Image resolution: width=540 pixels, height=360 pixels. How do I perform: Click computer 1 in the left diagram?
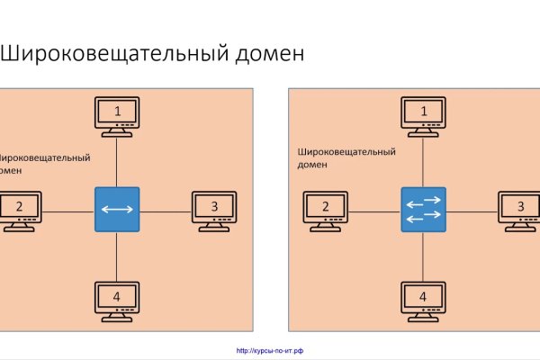click(117, 116)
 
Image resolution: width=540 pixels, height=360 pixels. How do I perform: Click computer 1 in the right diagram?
click(424, 116)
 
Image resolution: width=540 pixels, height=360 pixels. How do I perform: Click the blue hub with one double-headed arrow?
click(117, 211)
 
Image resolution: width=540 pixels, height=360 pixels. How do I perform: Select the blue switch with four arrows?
click(424, 211)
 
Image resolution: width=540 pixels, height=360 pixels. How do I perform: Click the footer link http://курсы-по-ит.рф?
click(270, 351)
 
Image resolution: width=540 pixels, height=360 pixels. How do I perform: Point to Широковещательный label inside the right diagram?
click(346, 152)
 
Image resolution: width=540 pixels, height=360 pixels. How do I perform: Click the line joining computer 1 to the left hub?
click(117, 162)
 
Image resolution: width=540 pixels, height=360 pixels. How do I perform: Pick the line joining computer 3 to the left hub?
click(166, 211)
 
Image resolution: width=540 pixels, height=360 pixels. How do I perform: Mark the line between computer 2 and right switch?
click(374, 211)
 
